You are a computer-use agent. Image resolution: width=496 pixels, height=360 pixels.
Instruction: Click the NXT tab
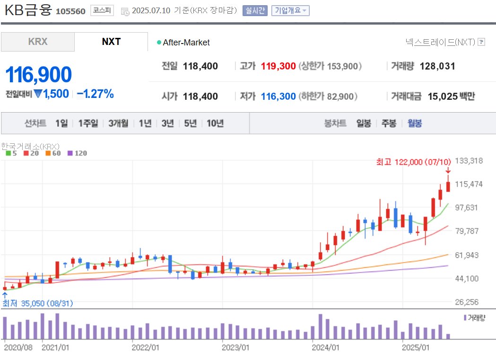(x=111, y=42)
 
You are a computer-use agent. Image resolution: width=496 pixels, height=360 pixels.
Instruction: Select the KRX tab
(x=38, y=42)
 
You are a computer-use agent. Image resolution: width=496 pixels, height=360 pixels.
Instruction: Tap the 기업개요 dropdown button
(x=290, y=10)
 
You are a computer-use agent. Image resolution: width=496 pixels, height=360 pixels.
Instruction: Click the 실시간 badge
(x=255, y=10)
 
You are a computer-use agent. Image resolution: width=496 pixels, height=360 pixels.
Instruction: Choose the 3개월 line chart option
(x=118, y=123)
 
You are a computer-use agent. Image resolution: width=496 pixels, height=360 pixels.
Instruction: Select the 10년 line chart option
(x=215, y=123)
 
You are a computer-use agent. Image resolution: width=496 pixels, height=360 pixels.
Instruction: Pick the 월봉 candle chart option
(x=415, y=123)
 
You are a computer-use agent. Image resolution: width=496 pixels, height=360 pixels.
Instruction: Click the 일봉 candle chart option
(x=364, y=123)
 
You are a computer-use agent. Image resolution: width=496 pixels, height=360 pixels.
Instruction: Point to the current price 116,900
(x=39, y=75)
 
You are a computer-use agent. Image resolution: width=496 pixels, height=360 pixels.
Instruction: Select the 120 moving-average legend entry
(x=78, y=153)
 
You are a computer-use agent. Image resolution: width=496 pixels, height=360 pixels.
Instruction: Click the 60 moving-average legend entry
(x=53, y=153)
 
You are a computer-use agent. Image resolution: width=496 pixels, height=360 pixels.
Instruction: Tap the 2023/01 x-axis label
(x=235, y=348)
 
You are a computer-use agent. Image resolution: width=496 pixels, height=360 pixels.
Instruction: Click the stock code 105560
(x=70, y=11)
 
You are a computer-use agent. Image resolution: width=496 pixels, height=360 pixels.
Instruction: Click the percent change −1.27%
(x=95, y=94)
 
